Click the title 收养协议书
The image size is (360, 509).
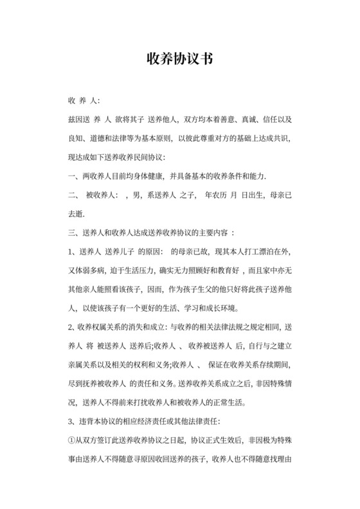point(179,59)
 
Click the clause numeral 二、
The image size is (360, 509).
point(73,195)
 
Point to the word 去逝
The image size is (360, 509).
point(76,213)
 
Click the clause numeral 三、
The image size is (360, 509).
point(72,231)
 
